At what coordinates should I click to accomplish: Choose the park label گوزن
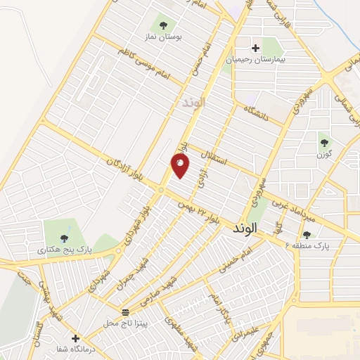(324, 153)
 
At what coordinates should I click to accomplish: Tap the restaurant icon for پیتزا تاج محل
(126, 311)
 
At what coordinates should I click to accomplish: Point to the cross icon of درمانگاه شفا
(75, 338)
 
